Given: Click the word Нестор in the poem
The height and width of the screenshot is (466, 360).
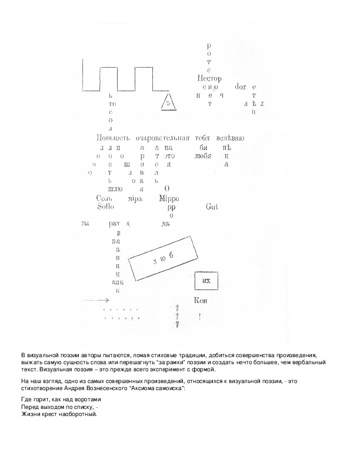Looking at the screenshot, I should pyautogui.click(x=211, y=78).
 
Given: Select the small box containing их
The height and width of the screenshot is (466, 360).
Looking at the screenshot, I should pyautogui.click(x=206, y=281).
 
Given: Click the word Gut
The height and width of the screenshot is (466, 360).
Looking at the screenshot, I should pyautogui.click(x=213, y=207).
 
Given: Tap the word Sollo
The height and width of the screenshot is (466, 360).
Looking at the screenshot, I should pyautogui.click(x=106, y=207).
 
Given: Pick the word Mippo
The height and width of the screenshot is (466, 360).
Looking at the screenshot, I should pyautogui.click(x=171, y=198).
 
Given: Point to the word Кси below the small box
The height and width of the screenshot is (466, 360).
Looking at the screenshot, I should pyautogui.click(x=201, y=301).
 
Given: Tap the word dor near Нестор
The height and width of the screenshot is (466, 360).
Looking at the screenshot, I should pyautogui.click(x=241, y=86).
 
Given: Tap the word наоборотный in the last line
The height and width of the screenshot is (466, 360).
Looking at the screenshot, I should pyautogui.click(x=74, y=414).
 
